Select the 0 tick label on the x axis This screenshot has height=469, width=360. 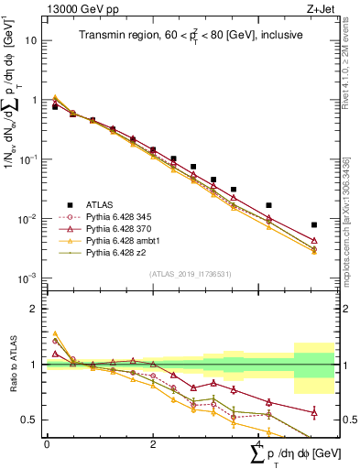[47, 443]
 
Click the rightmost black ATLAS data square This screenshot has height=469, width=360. [314, 224]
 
